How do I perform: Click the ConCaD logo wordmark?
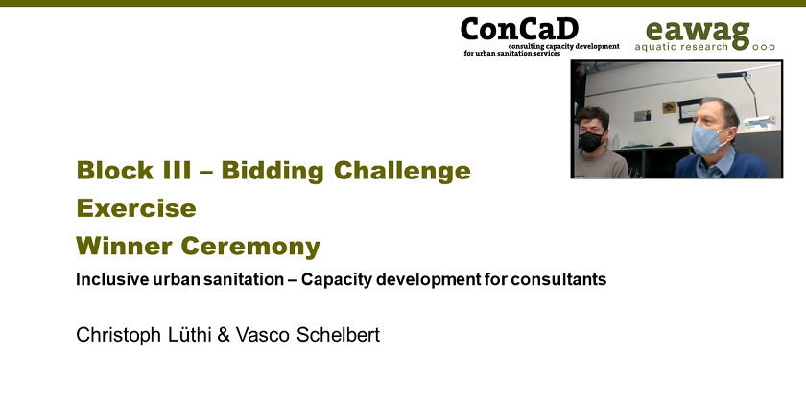pyautogui.click(x=519, y=30)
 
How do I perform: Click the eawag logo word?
pyautogui.click(x=698, y=32)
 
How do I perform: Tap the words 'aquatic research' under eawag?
pyautogui.click(x=681, y=47)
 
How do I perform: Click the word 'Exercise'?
pyautogui.click(x=136, y=208)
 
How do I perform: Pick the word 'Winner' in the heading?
pyautogui.click(x=125, y=247)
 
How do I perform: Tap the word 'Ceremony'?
pyautogui.click(x=250, y=248)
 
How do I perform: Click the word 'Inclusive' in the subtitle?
pyautogui.click(x=110, y=279)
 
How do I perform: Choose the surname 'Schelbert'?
pyautogui.click(x=337, y=335)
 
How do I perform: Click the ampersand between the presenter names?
pyautogui.click(x=223, y=335)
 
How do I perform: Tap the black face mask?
pyautogui.click(x=591, y=141)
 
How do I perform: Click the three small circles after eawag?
pyautogui.click(x=764, y=47)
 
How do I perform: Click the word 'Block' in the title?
pyautogui.click(x=114, y=171)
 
